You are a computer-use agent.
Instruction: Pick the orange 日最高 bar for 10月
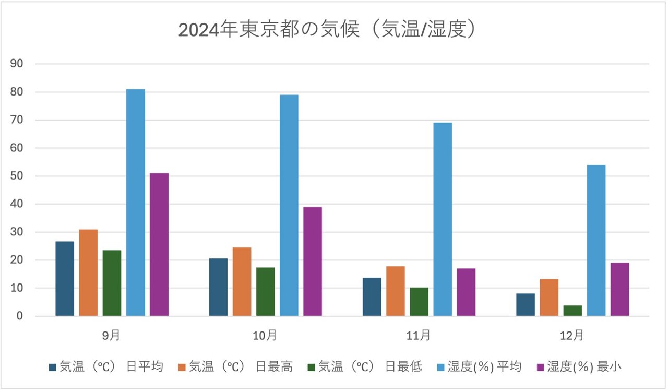coord(242,281)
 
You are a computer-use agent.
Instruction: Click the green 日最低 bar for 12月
coord(572,311)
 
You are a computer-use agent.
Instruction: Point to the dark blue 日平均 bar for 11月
coord(372,297)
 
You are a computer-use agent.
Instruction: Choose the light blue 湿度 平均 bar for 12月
coord(596,240)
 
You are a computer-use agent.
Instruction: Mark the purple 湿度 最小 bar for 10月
coord(313,261)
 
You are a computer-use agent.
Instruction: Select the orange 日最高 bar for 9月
coord(88,272)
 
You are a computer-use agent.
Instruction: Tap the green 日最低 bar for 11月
coord(419,302)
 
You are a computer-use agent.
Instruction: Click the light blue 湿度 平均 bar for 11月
coord(443,219)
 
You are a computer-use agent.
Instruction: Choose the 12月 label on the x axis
coord(572,335)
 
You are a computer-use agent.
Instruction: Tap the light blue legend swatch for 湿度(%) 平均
coord(439,367)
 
